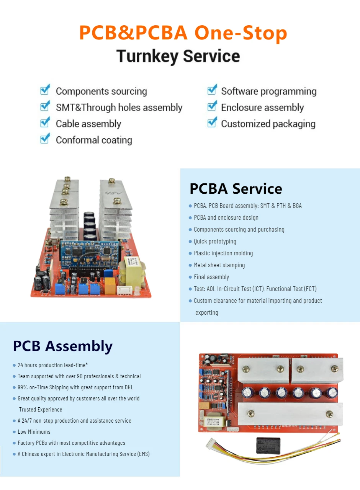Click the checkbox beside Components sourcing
pyautogui.click(x=45, y=90)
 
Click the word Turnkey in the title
pyautogui.click(x=147, y=56)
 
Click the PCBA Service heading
pyautogui.click(x=236, y=189)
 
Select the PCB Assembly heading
pyautogui.click(x=63, y=346)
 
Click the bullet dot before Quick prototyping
pyautogui.click(x=190, y=242)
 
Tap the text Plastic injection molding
pyautogui.click(x=223, y=253)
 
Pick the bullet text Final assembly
pyautogui.click(x=211, y=277)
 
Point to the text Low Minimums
pyautogui.click(x=34, y=432)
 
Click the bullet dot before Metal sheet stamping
pyautogui.click(x=190, y=265)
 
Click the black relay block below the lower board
pyautogui.click(x=268, y=446)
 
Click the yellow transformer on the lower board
pyautogui.click(x=216, y=420)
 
